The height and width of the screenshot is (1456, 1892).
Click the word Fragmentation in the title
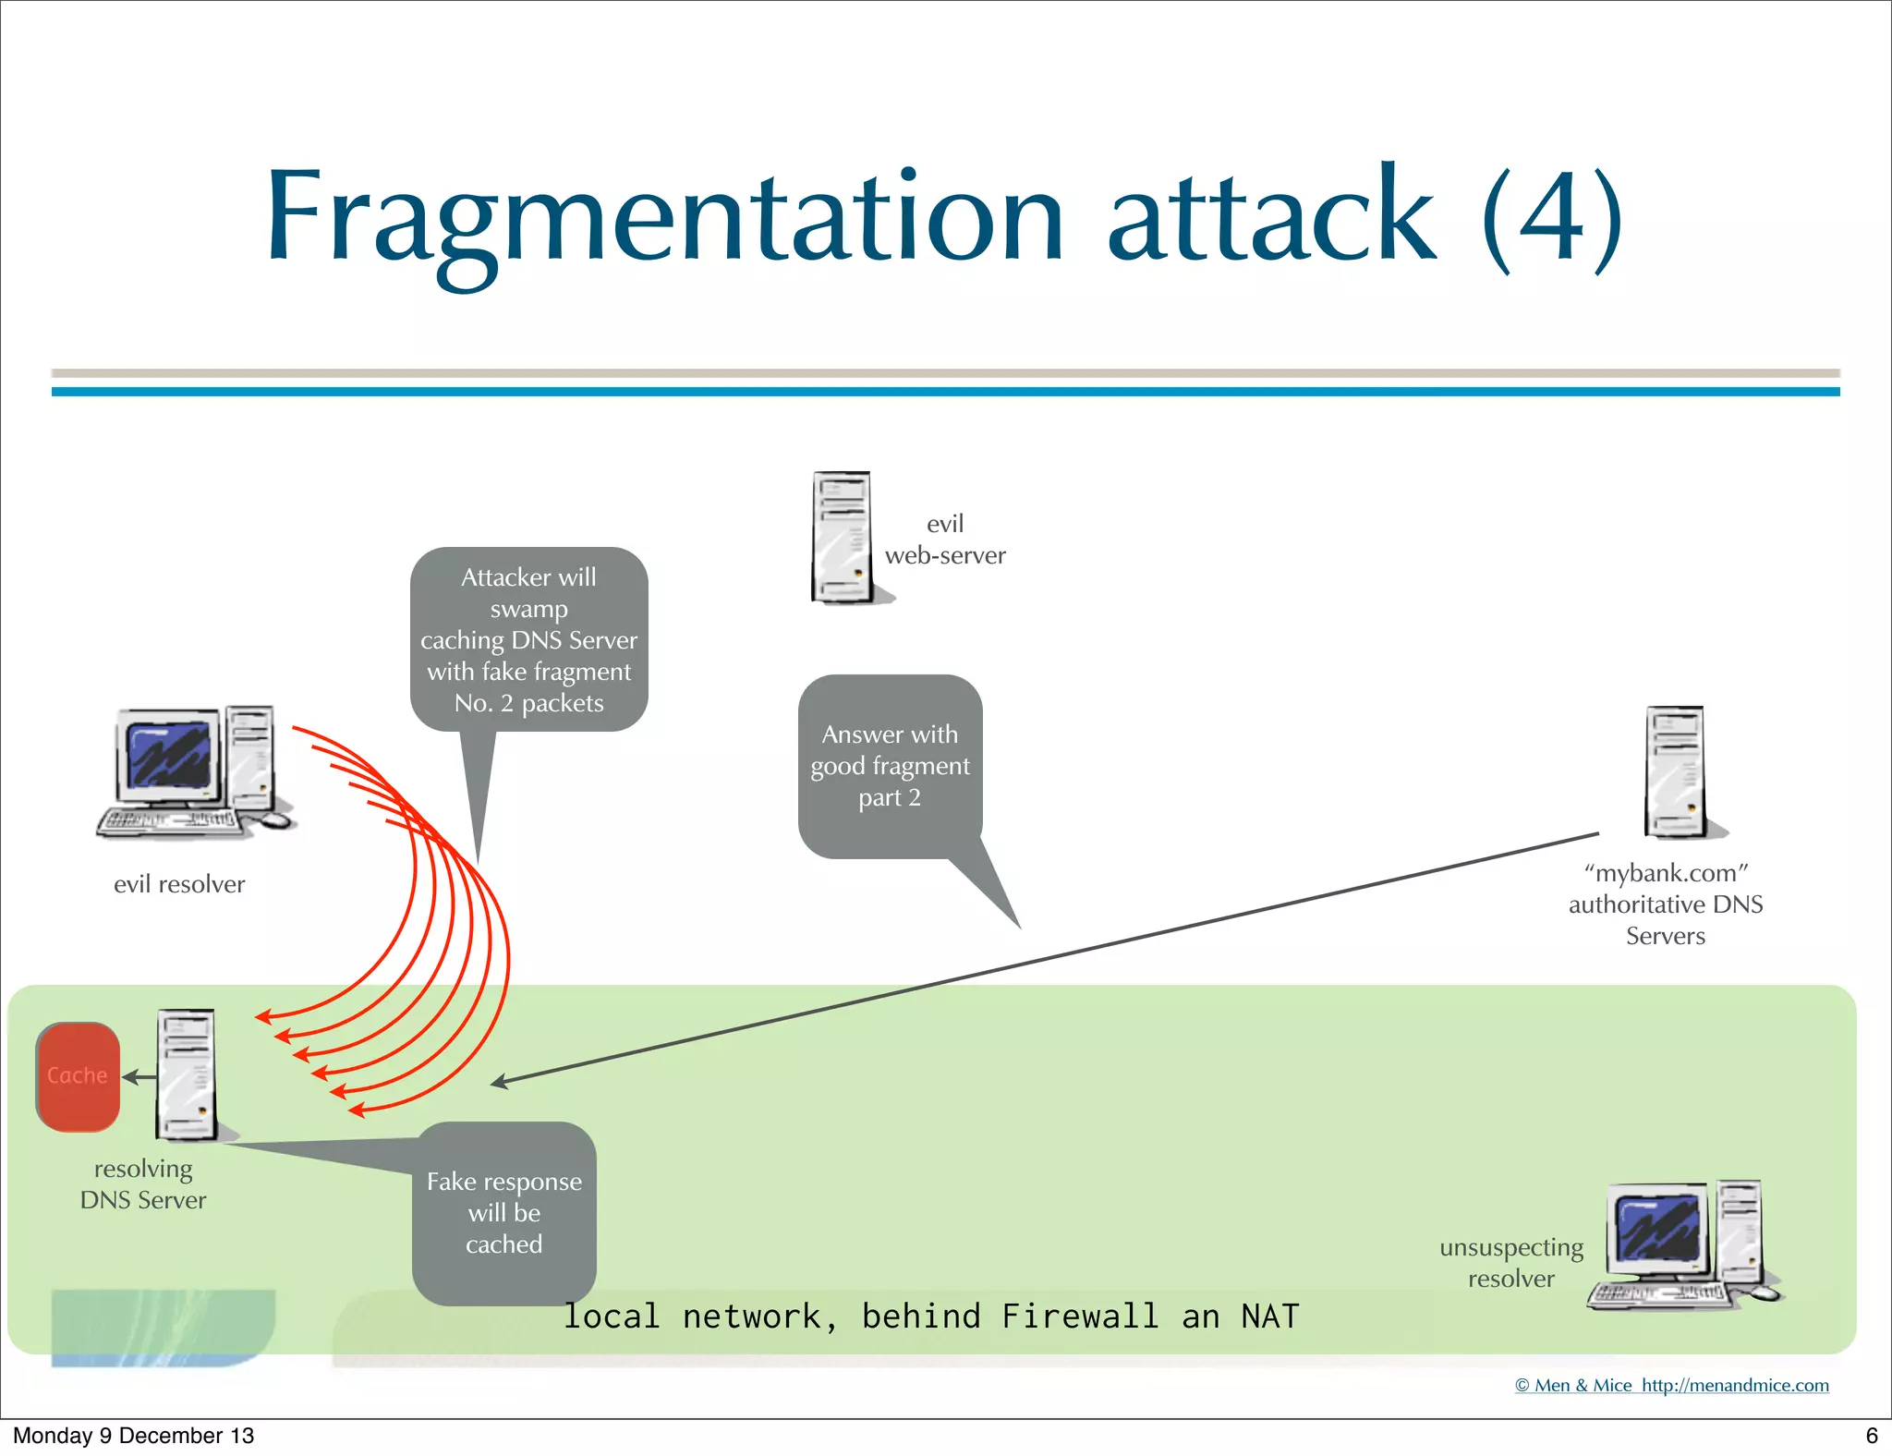665,217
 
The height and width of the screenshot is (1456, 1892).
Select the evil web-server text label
945,540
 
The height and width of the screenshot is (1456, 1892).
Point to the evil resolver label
179,884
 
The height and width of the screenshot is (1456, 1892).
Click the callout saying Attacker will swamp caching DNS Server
528,639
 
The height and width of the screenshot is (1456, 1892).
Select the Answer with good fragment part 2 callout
890,765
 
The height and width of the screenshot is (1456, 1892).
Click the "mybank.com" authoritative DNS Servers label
1666,904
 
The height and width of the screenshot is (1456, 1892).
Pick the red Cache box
78,1076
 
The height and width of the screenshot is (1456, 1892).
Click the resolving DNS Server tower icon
188,1074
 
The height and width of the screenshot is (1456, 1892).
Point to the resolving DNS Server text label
143,1184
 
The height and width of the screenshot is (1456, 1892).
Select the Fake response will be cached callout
504,1212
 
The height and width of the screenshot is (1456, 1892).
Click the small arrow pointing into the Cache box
139,1077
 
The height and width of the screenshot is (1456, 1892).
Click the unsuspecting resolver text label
1511,1263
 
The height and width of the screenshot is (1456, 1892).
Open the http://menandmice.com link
1735,1385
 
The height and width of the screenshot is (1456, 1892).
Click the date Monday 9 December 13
133,1435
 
